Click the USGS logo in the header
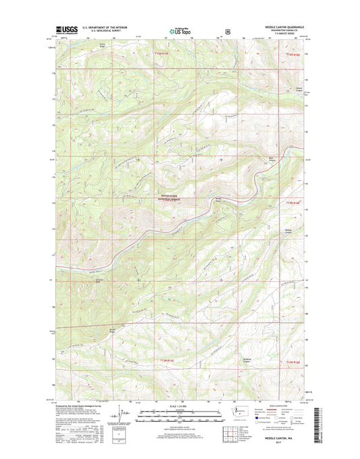pyautogui.click(x=66, y=30)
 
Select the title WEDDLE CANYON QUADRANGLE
pyautogui.click(x=278, y=28)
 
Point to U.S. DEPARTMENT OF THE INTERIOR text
pyautogui.click(x=107, y=28)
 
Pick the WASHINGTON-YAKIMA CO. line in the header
pyautogui.click(x=278, y=31)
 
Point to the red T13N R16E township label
pyautogui.click(x=292, y=362)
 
